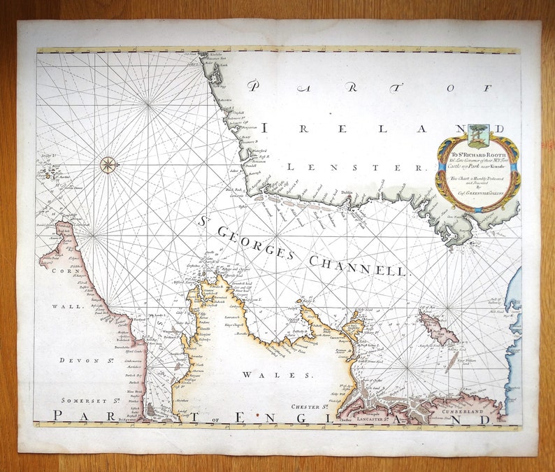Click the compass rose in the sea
click(x=108, y=165)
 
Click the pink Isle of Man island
click(x=438, y=327)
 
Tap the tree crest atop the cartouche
click(x=478, y=133)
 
